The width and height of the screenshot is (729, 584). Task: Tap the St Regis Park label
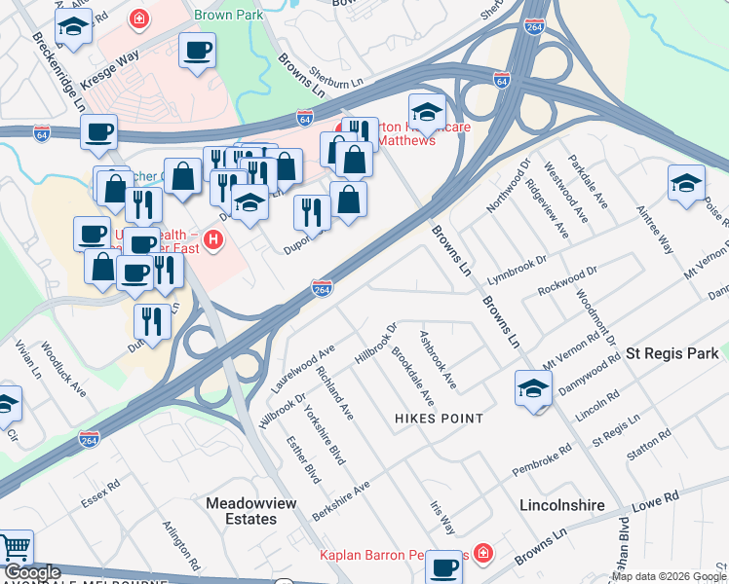(x=671, y=353)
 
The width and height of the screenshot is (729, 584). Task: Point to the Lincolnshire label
(x=560, y=506)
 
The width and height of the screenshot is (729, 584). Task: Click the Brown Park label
(x=230, y=16)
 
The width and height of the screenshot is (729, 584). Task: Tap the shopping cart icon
(x=15, y=550)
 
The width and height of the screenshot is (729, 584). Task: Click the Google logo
(x=31, y=572)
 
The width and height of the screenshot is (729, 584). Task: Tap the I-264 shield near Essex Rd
(x=89, y=439)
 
